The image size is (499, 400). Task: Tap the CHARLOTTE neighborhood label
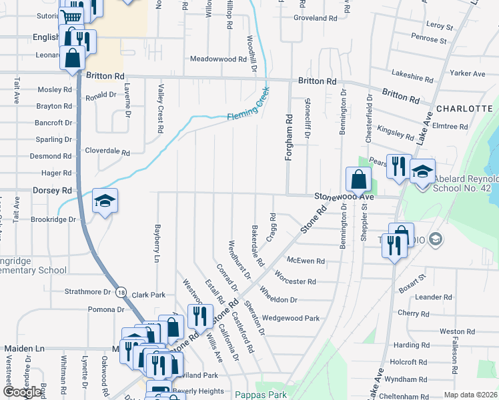tap(464, 108)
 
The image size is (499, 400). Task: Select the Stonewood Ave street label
tap(345, 197)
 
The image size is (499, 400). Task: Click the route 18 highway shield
tap(120, 291)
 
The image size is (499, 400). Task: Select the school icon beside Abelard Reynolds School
tap(422, 171)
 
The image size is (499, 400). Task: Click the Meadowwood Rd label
tap(219, 59)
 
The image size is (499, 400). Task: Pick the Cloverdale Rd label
tap(107, 152)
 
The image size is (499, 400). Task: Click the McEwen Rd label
tap(306, 261)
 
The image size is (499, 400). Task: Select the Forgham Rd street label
tap(290, 132)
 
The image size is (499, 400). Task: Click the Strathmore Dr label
tap(87, 292)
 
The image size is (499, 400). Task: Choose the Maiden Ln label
tap(24, 349)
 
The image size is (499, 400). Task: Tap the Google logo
tap(23, 392)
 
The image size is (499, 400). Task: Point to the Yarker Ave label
tap(468, 73)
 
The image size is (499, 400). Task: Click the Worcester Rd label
tap(295, 281)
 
